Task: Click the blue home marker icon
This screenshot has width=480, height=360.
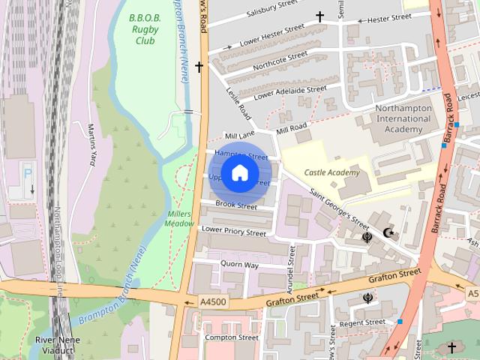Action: click(x=239, y=173)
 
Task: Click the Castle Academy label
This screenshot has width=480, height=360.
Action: click(x=331, y=172)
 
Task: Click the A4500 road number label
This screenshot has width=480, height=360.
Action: click(x=213, y=301)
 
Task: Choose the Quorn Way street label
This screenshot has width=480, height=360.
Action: click(x=239, y=265)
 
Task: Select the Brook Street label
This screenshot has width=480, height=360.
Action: click(x=235, y=205)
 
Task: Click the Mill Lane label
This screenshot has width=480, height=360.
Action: click(x=240, y=134)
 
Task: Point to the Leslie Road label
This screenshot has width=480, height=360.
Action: click(x=238, y=103)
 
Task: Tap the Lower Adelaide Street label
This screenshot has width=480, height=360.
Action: click(x=290, y=91)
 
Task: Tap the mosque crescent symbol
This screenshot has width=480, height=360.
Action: click(x=388, y=233)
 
